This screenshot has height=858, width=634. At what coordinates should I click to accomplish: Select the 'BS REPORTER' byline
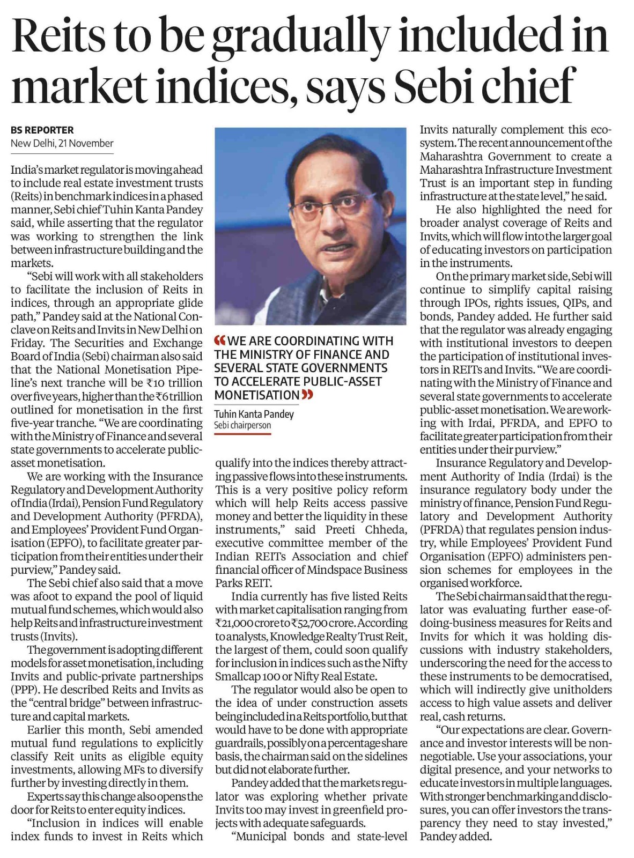42,130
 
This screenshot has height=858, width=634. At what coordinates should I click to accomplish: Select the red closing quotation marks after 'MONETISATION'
307,395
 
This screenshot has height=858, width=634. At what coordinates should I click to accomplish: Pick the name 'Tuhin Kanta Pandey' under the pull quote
254,414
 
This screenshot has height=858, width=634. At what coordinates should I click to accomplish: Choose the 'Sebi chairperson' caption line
242,425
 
